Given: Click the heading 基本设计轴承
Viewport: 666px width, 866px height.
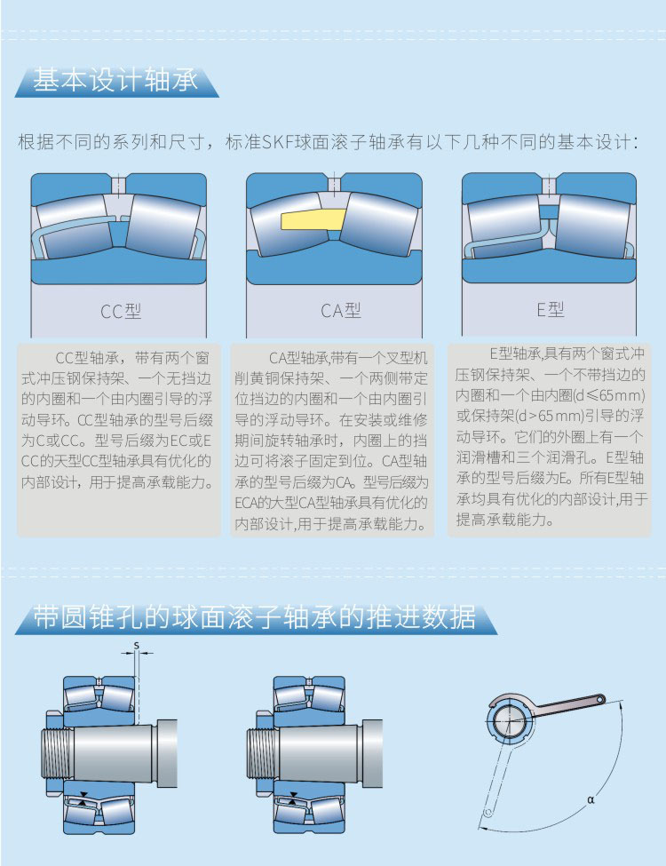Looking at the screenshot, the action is [x=115, y=81].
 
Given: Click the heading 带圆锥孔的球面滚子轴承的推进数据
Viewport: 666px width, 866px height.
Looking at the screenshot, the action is [x=255, y=617].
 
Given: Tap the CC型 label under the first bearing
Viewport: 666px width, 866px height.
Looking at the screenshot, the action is [x=121, y=311].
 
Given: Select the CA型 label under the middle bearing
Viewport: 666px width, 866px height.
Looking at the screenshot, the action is [x=341, y=310].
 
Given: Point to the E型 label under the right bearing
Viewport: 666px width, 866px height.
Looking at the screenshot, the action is [x=551, y=309].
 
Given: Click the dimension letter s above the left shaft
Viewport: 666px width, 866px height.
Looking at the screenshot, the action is [x=137, y=645].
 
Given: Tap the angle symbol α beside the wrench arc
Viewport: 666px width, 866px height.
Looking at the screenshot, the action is [x=591, y=799].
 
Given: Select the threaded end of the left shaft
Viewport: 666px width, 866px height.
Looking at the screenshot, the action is [x=57, y=753].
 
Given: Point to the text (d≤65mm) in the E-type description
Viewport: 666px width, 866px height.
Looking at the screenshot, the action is [x=608, y=395].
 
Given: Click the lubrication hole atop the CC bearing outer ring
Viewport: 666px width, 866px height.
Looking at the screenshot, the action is [x=119, y=185].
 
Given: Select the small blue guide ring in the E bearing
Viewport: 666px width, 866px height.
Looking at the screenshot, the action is [x=549, y=212].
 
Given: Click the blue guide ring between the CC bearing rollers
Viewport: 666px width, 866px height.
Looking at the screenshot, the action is [x=119, y=234].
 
